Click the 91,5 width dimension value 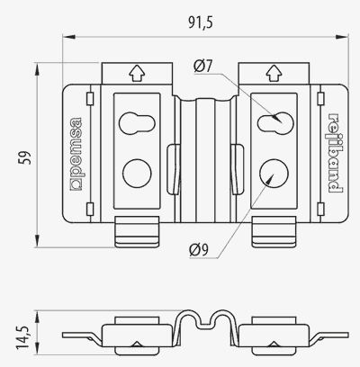(201, 22)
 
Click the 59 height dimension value (25, 157)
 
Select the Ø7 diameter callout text (202, 66)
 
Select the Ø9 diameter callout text (199, 250)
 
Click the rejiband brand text (335, 153)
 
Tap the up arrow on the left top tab (137, 74)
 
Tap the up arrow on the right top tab (274, 74)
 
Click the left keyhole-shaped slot (137, 122)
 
